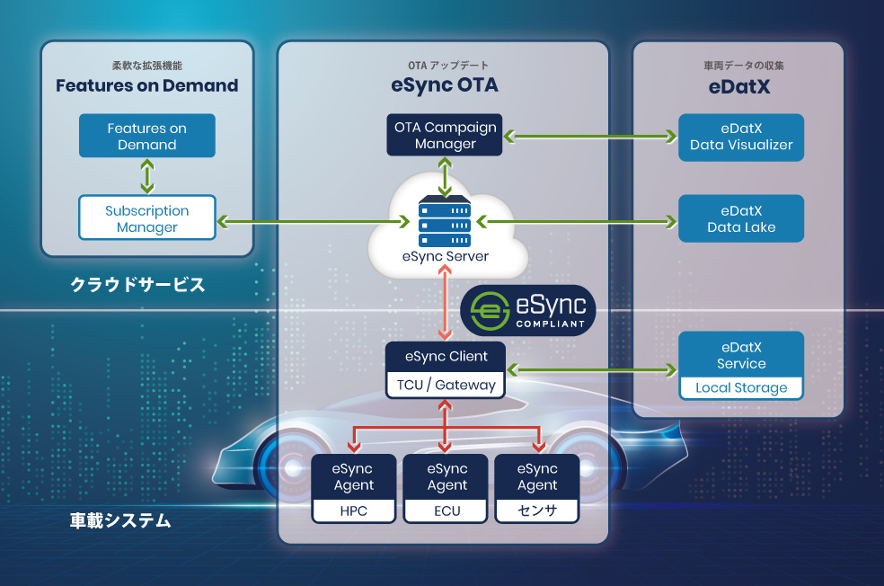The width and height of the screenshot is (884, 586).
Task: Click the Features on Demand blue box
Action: coord(147,136)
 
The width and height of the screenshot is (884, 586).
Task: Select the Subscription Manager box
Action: coord(147,218)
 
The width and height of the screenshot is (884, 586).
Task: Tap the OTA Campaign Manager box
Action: coord(445,135)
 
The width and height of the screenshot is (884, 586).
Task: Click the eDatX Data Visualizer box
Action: coord(741,138)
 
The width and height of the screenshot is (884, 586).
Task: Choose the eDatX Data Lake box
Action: coord(741,218)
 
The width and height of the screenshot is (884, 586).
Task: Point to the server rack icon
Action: coord(445,221)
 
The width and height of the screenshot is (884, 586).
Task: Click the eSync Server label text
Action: coord(446,257)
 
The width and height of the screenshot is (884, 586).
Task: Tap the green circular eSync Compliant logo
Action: coord(490,311)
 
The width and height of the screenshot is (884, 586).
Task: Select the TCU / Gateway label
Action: coord(446,386)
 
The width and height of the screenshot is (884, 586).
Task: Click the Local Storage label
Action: coord(741,388)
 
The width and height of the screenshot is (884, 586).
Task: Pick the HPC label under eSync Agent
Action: coord(353,511)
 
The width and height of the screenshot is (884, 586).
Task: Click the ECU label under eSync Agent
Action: coord(447,511)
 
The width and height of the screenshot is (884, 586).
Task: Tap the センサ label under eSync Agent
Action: coord(537,511)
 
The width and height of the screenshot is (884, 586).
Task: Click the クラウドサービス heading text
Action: coord(137,284)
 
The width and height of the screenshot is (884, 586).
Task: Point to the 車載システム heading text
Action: coord(120,520)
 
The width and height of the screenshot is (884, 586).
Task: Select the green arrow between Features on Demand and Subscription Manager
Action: coord(147,176)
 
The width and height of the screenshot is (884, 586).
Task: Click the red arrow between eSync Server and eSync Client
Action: coord(445,303)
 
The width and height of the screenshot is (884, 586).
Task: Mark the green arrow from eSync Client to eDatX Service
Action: coord(591,370)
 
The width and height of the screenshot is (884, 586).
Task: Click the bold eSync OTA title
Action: coord(445,85)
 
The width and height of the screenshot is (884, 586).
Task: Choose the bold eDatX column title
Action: coord(739,87)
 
